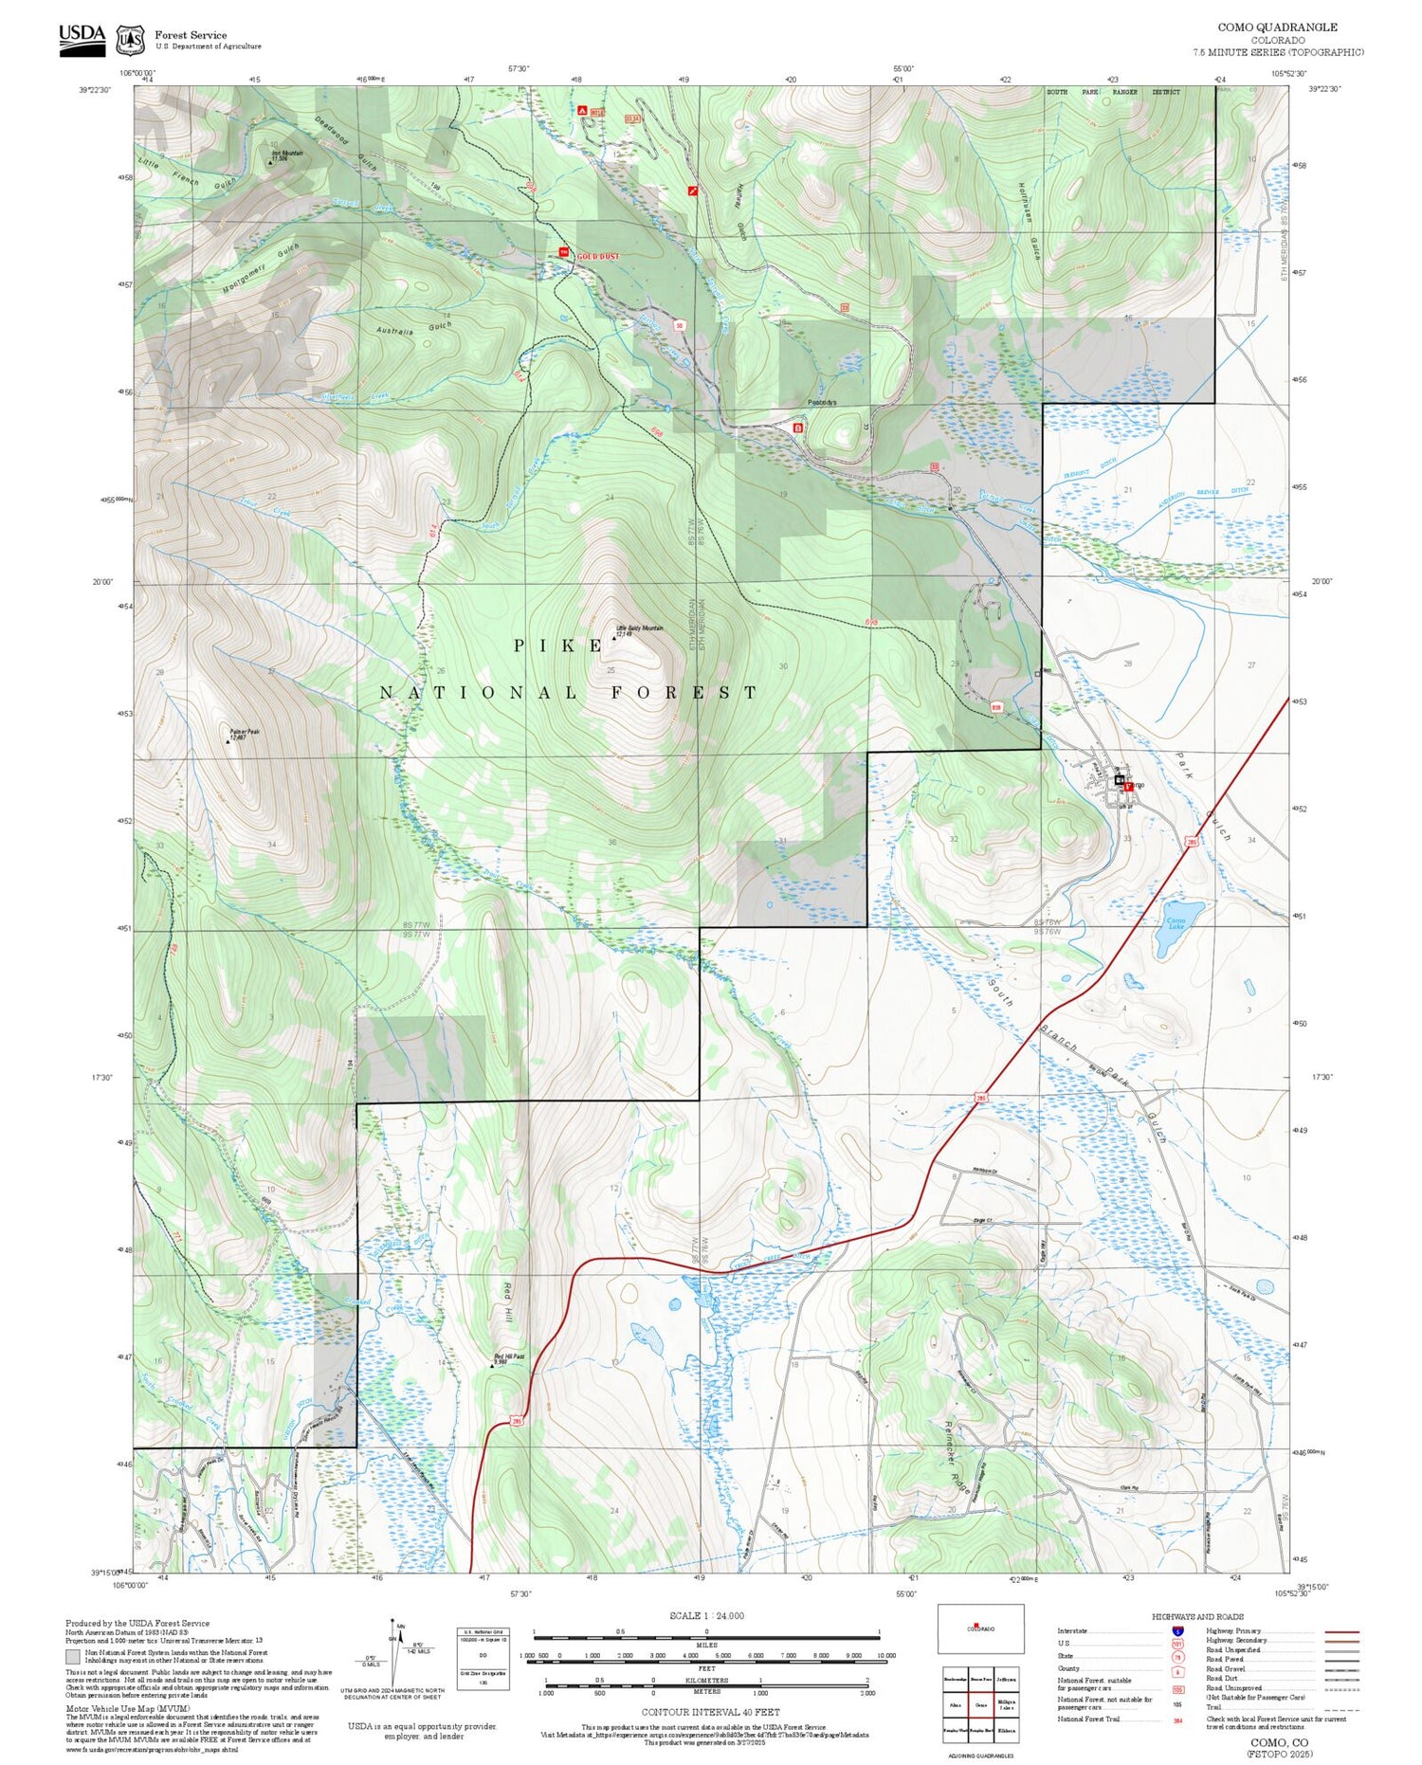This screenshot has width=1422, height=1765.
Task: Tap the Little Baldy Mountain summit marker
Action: (x=613, y=638)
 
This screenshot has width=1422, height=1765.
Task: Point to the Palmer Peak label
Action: (x=244, y=734)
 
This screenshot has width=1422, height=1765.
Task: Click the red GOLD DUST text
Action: (x=598, y=256)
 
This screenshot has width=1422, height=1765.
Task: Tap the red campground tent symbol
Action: (x=582, y=110)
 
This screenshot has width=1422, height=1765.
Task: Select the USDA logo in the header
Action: (x=82, y=40)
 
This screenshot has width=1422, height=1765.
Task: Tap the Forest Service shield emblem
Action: (x=130, y=40)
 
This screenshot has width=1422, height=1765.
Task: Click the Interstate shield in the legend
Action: (x=1177, y=1630)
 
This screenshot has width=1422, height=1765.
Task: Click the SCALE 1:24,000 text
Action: (x=706, y=1616)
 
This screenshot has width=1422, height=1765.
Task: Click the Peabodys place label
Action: (x=822, y=402)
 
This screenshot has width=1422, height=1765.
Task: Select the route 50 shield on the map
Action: (x=679, y=325)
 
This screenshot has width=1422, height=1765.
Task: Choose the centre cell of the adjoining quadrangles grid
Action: (x=981, y=1703)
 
